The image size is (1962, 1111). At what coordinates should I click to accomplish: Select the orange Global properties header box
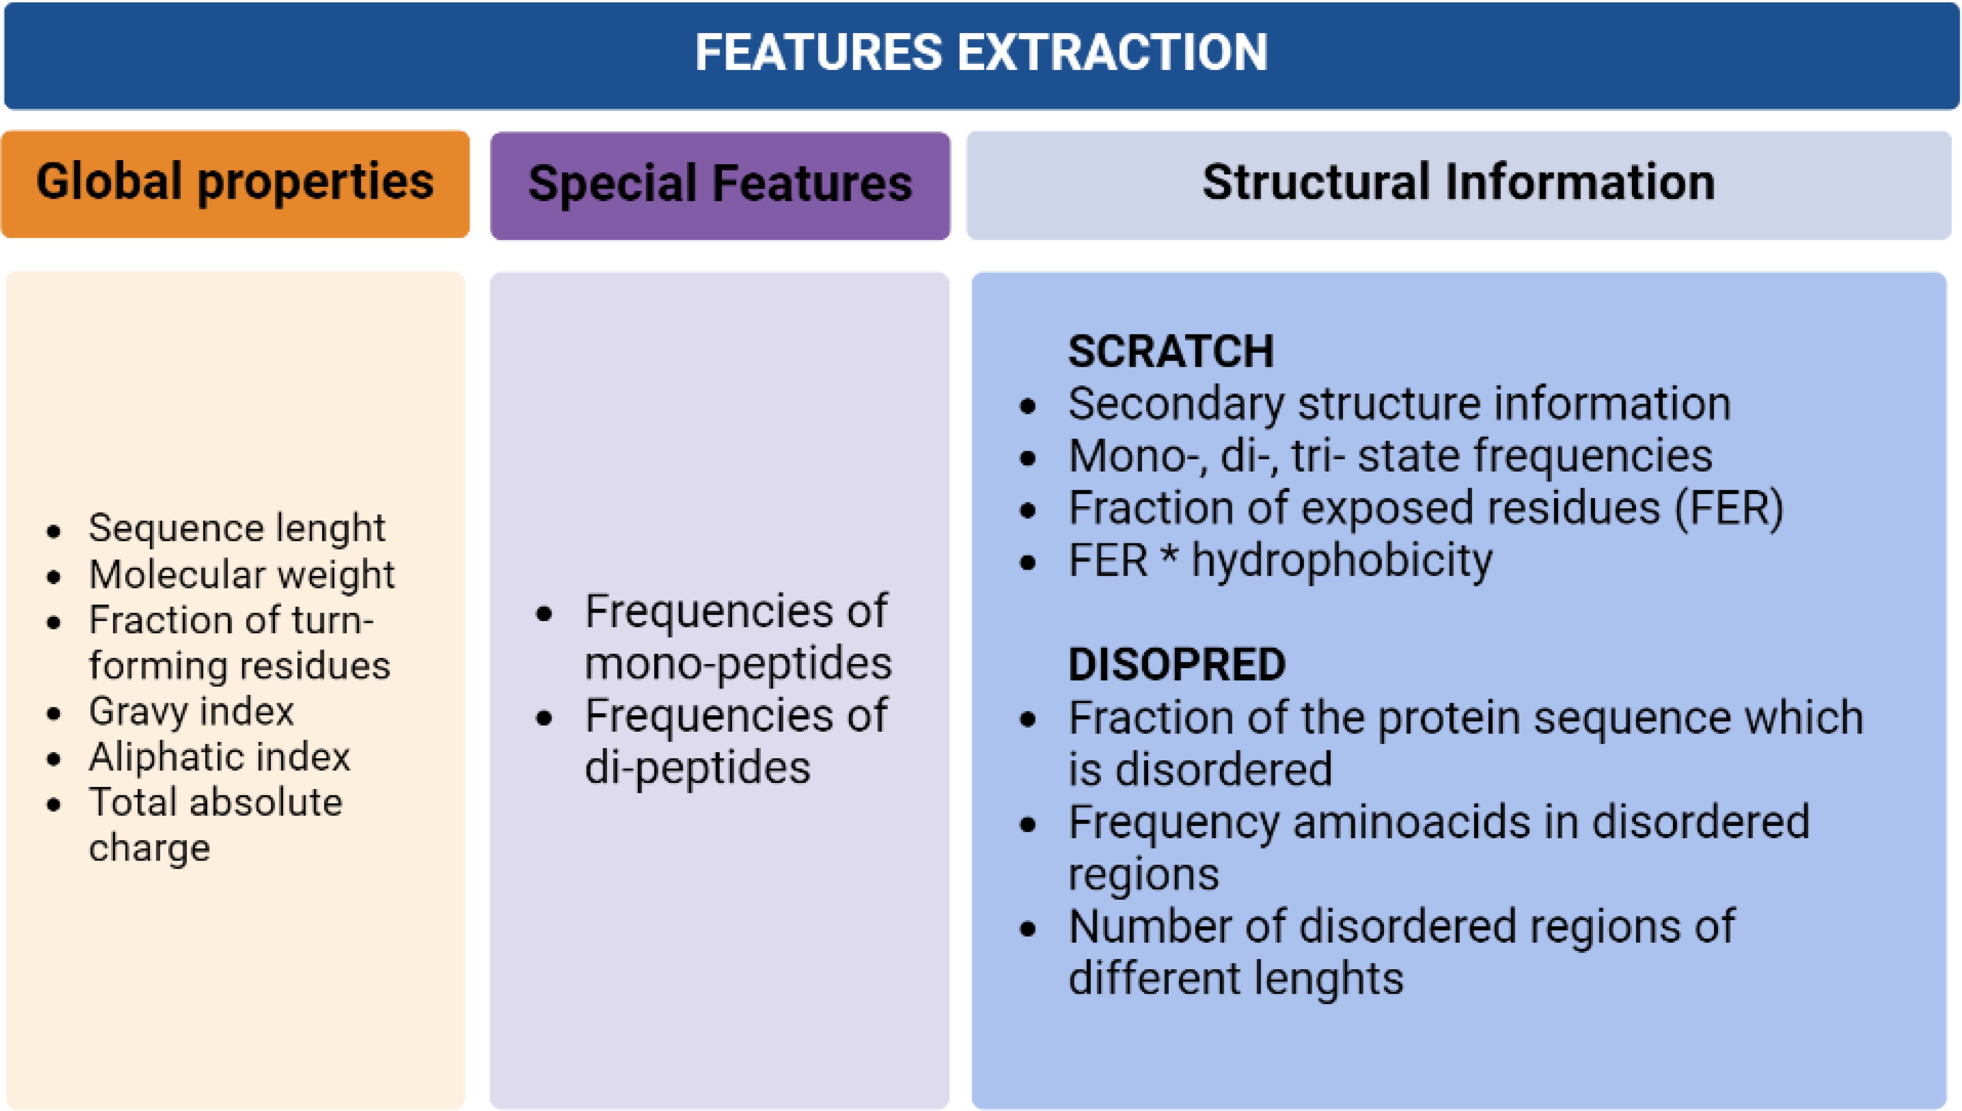(235, 184)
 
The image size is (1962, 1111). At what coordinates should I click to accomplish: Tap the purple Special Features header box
(720, 185)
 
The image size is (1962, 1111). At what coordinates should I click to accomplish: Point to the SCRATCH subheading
(1170, 352)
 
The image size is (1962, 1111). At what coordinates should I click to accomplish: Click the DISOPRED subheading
(1177, 664)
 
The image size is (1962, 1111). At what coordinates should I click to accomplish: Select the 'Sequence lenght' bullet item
(237, 528)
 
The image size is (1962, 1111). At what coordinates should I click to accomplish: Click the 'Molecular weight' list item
(241, 574)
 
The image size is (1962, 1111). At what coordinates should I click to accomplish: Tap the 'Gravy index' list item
(191, 711)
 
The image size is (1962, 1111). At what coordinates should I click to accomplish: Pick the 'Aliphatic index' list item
(219, 757)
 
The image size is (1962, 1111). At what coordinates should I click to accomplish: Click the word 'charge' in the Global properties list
(149, 848)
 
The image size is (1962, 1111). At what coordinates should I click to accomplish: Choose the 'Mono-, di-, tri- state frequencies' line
(1390, 456)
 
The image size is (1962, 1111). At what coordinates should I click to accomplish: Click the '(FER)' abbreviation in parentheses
(1729, 508)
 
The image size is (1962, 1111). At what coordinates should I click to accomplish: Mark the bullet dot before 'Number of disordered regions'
(1028, 929)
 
